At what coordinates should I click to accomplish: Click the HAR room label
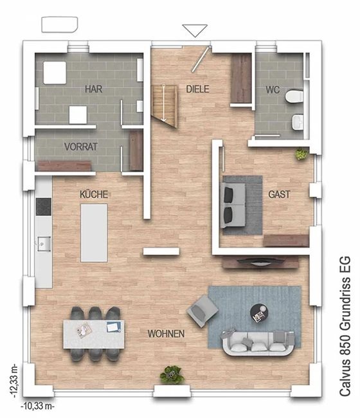pyautogui.click(x=93, y=89)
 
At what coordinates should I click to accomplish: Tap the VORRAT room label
pyautogui.click(x=81, y=147)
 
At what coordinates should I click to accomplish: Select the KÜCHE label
pyautogui.click(x=94, y=194)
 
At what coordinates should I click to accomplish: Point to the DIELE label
pyautogui.click(x=197, y=89)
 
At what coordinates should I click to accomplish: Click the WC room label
pyautogui.click(x=273, y=90)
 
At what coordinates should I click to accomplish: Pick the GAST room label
pyautogui.click(x=279, y=194)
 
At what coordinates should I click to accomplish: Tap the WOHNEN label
pyautogui.click(x=166, y=334)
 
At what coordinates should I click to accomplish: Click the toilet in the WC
pyautogui.click(x=294, y=96)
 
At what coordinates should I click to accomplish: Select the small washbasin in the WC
pyautogui.click(x=298, y=122)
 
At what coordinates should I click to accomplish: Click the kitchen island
pyautogui.click(x=94, y=233)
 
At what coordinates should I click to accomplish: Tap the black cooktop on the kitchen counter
pyautogui.click(x=44, y=206)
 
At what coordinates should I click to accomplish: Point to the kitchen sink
pyautogui.click(x=44, y=244)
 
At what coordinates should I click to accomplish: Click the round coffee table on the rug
pyautogui.click(x=259, y=313)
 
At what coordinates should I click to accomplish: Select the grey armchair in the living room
pyautogui.click(x=203, y=311)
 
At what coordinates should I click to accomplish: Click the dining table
pyautogui.click(x=94, y=334)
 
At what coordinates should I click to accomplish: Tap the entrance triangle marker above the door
pyautogui.click(x=195, y=31)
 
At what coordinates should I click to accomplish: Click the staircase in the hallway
pyautogui.click(x=165, y=106)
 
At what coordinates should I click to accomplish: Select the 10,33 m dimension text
pyautogui.click(x=37, y=406)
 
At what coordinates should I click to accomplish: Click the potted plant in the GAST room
pyautogui.click(x=301, y=154)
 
